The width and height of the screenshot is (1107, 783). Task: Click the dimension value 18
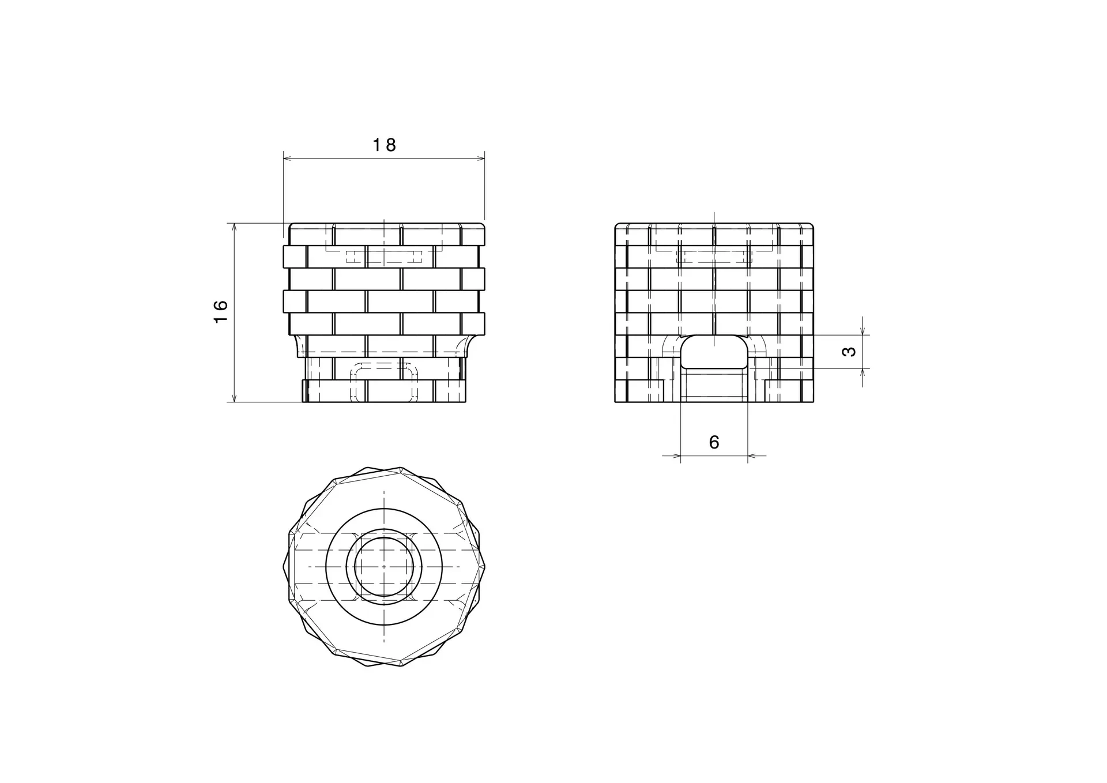[384, 145]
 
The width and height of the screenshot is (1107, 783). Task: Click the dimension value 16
[221, 312]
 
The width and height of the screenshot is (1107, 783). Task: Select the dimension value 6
[714, 442]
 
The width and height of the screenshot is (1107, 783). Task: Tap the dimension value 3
[849, 351]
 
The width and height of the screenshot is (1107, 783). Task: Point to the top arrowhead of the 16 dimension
[234, 228]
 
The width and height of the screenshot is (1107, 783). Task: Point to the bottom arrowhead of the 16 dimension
[234, 397]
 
